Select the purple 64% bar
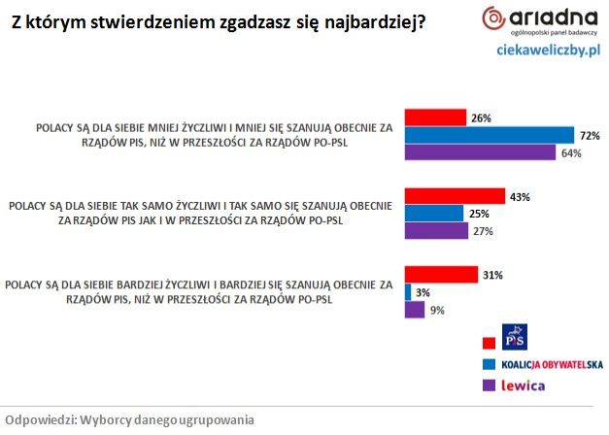click(480, 152)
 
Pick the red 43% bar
click(454, 197)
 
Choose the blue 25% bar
click(433, 214)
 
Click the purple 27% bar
click(435, 231)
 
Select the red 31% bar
click(441, 275)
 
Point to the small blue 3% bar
click(408, 292)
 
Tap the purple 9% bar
click(414, 310)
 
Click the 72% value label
click(589, 135)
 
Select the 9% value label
click(438, 310)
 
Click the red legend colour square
click(489, 341)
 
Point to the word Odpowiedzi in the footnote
click(39, 420)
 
